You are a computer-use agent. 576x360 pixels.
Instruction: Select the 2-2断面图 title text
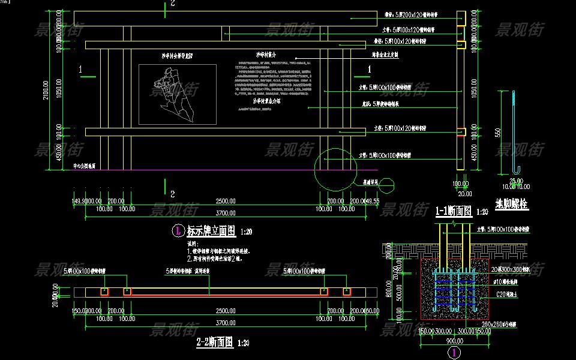[215, 343]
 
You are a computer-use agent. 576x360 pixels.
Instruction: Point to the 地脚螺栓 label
[512, 204]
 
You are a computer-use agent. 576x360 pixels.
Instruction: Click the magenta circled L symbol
[178, 230]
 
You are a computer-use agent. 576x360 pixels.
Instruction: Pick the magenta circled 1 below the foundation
[455, 353]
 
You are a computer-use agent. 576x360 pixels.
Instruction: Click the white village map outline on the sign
[167, 94]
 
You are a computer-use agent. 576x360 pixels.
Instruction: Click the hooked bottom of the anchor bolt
[517, 170]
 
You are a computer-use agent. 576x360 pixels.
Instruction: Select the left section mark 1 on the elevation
[80, 70]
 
